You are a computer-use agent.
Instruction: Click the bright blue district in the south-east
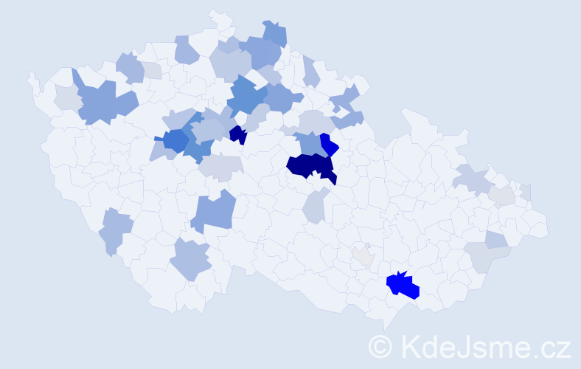click(403, 286)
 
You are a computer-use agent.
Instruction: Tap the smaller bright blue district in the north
click(329, 145)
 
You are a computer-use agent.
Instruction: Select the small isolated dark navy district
click(237, 135)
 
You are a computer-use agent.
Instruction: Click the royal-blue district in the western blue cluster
click(176, 139)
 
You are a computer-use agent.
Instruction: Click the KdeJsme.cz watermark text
click(484, 346)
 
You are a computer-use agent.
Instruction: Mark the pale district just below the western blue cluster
click(220, 168)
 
